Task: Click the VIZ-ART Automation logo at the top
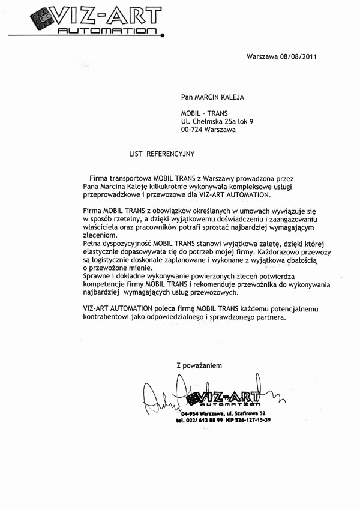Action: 95,20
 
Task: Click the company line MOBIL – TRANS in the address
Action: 205,113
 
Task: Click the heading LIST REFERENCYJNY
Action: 162,154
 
